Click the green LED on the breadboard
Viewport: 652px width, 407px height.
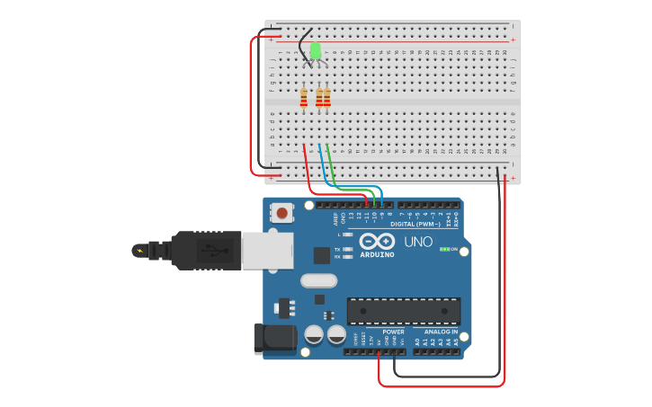[316, 50]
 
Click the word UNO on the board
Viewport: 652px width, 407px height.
[418, 241]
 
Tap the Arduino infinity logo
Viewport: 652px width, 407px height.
[377, 241]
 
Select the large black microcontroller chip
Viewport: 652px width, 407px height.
[404, 311]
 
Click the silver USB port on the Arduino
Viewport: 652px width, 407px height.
[267, 250]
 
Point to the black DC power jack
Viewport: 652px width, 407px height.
[274, 338]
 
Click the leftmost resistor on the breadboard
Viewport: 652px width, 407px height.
[304, 97]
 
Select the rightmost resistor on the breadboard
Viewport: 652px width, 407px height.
[327, 97]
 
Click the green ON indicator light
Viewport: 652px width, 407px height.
[443, 249]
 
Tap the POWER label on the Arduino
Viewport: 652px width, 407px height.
[393, 332]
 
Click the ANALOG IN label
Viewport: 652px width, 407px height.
[441, 332]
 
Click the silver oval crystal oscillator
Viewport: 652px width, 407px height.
[318, 280]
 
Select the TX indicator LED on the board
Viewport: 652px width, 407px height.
[348, 249]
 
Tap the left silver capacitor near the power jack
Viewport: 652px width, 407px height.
[314, 334]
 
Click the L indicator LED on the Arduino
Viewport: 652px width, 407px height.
[348, 234]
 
